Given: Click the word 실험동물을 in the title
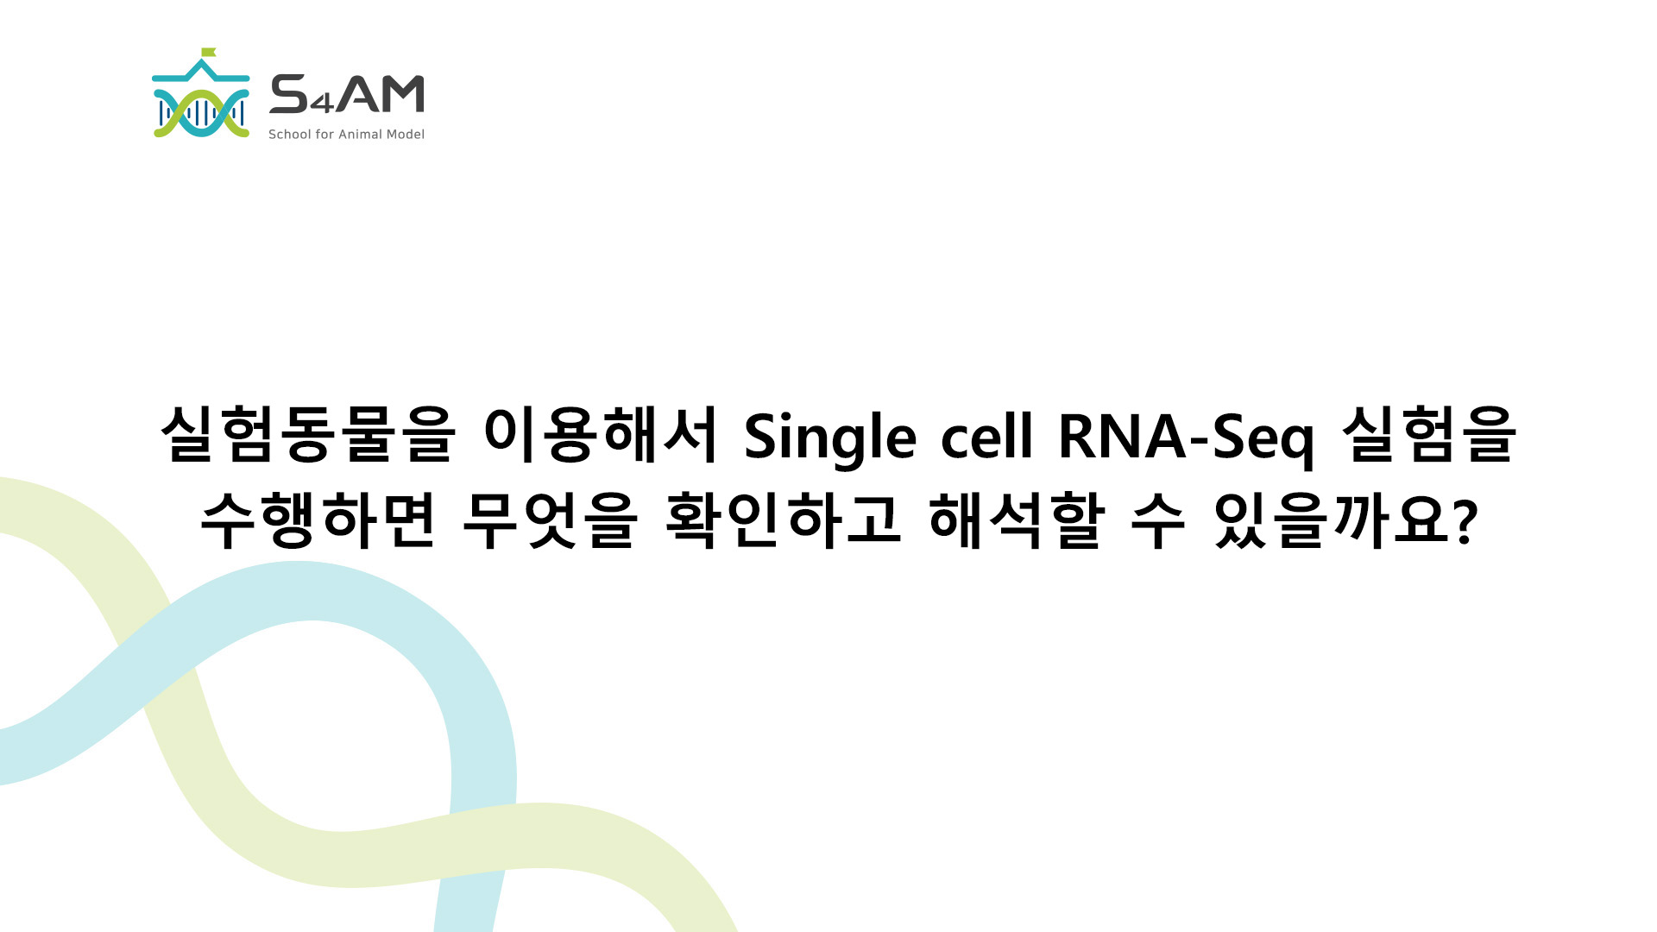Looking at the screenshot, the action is (x=307, y=434).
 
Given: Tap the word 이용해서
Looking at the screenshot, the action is (x=601, y=434).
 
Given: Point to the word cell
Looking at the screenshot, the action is (x=986, y=434).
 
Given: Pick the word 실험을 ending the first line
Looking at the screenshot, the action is (x=1429, y=434).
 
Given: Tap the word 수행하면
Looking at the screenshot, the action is (x=318, y=520).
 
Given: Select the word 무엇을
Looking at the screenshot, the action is (x=550, y=520).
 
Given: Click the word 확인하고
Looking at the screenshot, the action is (x=784, y=520).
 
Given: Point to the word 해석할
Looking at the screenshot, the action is (x=1017, y=520).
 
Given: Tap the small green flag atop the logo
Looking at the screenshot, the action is (x=208, y=52).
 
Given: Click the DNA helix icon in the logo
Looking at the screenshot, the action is (x=201, y=113).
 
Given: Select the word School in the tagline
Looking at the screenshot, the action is (x=290, y=134).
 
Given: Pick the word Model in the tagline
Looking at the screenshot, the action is (x=406, y=134).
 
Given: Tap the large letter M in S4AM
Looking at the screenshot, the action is (x=400, y=94).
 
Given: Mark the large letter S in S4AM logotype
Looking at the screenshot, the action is (x=289, y=94).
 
